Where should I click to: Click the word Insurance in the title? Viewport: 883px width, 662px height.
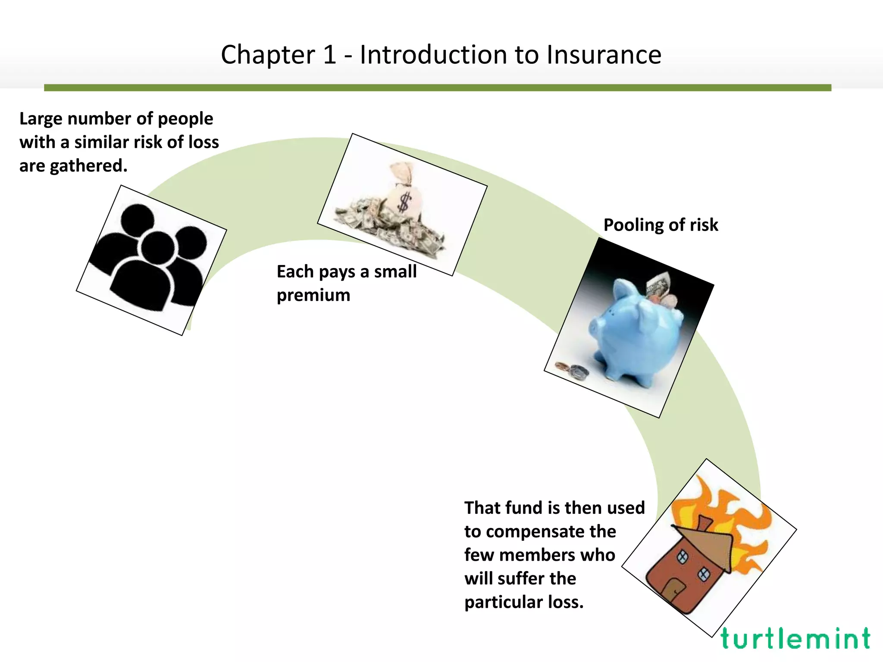(604, 55)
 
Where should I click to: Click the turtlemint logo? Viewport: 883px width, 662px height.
(795, 639)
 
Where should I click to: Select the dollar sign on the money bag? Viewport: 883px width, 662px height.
(404, 202)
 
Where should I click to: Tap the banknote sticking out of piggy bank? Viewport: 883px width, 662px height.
(659, 284)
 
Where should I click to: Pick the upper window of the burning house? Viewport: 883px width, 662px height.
(682, 557)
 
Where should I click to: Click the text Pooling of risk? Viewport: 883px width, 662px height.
(661, 225)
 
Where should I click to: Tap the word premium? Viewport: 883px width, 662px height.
(313, 295)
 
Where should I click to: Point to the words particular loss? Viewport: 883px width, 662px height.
(524, 602)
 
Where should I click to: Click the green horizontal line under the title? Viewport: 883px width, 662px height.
(437, 87)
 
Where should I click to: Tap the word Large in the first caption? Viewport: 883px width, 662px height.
(40, 119)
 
